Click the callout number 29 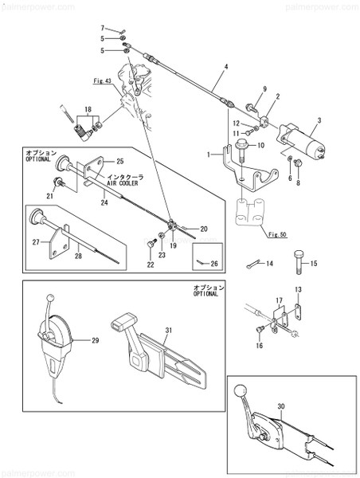(x=95, y=342)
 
